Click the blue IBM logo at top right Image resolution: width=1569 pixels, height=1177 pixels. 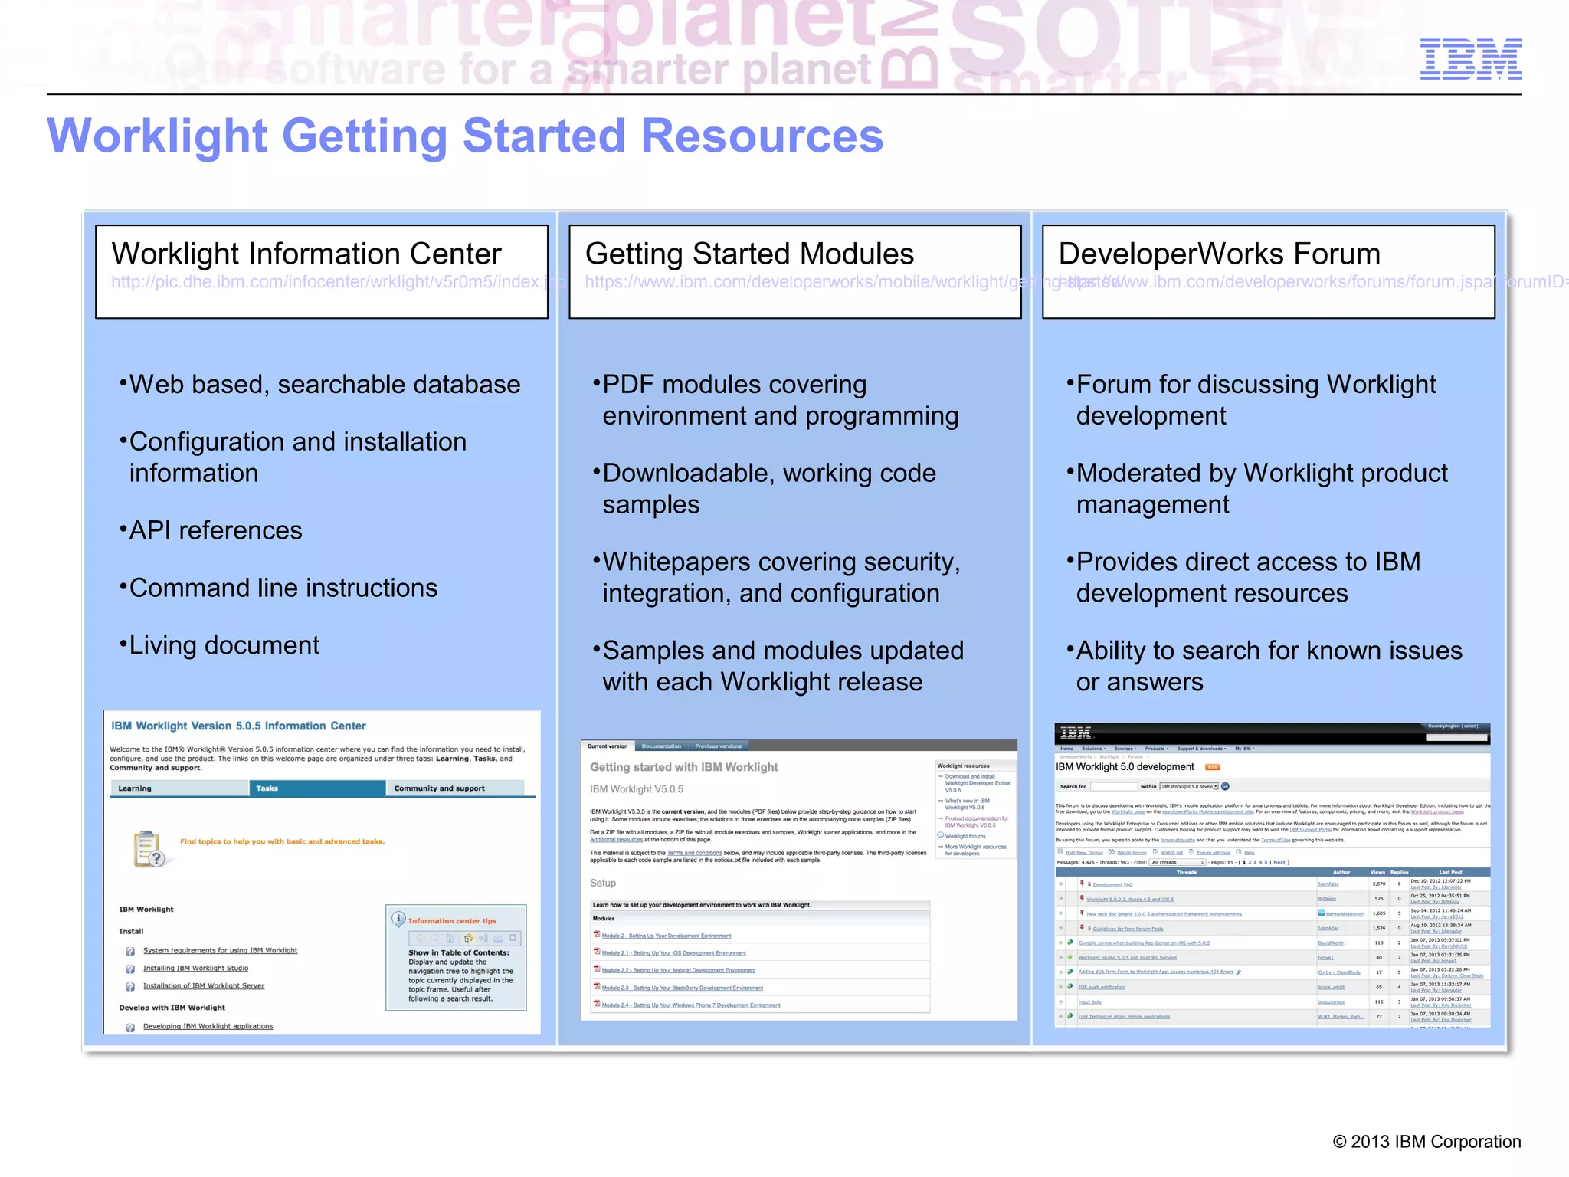(x=1470, y=59)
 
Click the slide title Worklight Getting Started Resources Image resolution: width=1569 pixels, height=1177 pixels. (x=465, y=136)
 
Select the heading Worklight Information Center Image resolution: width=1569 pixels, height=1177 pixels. (x=306, y=254)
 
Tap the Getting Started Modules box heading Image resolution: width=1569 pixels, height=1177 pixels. (x=749, y=254)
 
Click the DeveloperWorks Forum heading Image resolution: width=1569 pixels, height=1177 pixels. (x=1219, y=254)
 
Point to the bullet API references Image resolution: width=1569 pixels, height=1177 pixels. (x=215, y=530)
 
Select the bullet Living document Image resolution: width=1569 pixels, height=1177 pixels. (x=224, y=645)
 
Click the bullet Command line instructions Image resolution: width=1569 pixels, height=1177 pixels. (x=283, y=588)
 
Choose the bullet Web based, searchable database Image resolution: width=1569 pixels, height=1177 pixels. (x=324, y=384)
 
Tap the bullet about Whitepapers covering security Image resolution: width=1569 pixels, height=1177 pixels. (x=781, y=577)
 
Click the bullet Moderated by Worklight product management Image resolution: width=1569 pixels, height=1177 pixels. (x=1261, y=488)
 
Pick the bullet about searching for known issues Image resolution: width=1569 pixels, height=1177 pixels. (x=1269, y=665)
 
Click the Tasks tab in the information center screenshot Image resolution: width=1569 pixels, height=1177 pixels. (x=316, y=788)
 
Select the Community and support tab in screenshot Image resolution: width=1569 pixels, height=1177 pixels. (x=454, y=788)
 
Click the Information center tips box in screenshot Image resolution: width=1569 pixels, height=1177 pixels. (x=456, y=958)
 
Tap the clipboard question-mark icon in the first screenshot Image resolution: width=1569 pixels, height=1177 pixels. (x=149, y=849)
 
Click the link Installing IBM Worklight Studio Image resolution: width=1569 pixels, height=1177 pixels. (x=195, y=969)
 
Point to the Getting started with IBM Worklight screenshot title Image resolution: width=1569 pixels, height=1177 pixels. (x=683, y=767)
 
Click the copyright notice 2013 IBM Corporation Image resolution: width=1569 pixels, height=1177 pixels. (x=1427, y=1142)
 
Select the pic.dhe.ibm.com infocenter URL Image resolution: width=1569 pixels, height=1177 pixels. (x=328, y=282)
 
